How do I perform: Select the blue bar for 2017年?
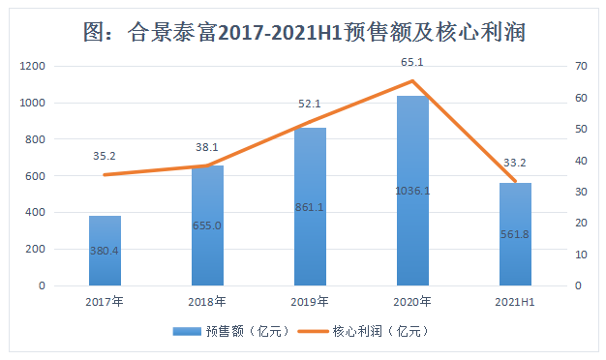pos(105,251)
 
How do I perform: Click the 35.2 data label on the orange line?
pos(105,155)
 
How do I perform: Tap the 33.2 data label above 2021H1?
pos(515,162)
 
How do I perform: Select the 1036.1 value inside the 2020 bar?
pos(412,191)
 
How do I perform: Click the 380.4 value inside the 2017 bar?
pos(105,250)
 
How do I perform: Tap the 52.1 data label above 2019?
pos(310,104)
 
